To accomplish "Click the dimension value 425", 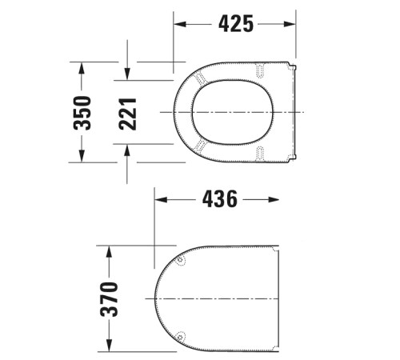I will point(236,25).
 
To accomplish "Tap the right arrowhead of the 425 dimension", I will point(292,25).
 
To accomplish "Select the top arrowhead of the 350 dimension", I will point(82,67).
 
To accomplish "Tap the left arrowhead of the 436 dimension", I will point(159,199).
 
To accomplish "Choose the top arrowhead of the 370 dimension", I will point(106,251).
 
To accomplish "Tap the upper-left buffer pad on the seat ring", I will point(198,78).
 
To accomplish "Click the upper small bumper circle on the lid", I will point(182,259).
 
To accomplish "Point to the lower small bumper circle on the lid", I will point(182,336).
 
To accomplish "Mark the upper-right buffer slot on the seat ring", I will point(261,72).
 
